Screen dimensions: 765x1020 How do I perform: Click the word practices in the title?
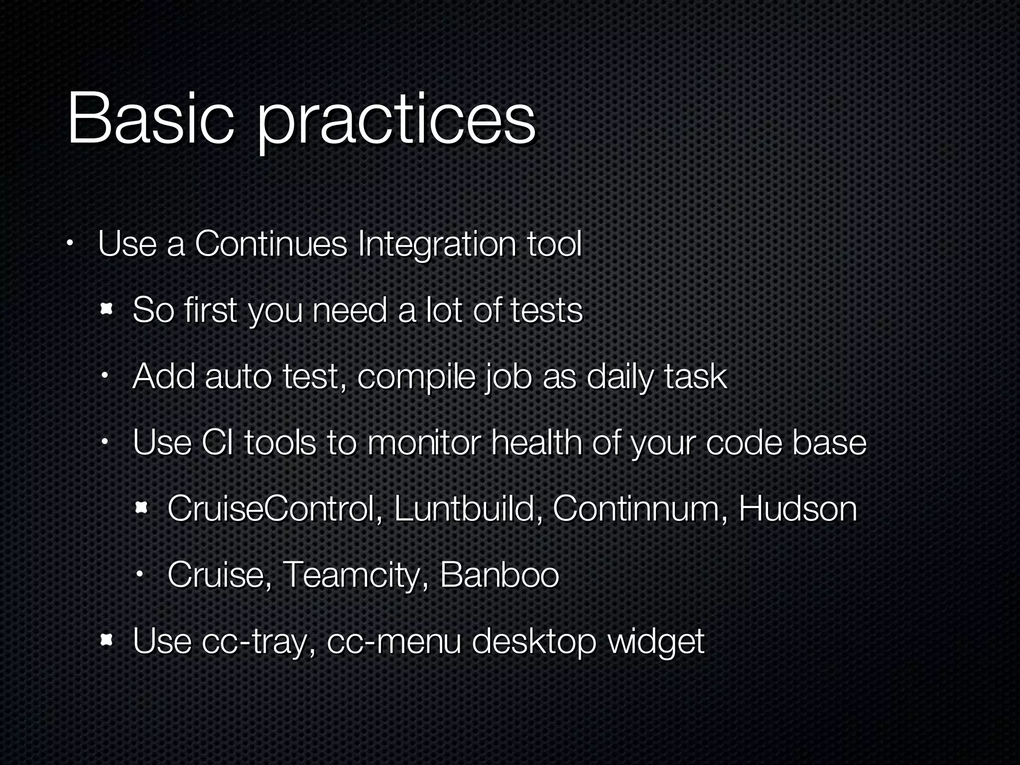tap(396, 122)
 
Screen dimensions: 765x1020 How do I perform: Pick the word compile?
tap(416, 377)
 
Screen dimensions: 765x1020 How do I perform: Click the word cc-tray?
tap(258, 641)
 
